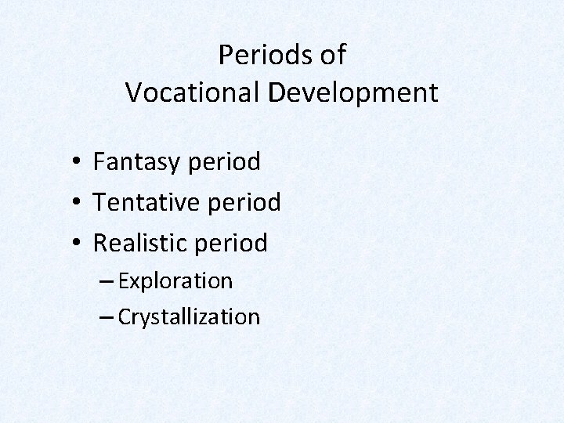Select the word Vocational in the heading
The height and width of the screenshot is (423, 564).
click(193, 93)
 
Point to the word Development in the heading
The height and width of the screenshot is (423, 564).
click(353, 93)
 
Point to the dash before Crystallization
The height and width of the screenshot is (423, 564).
click(108, 317)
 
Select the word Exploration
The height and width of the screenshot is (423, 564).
click(175, 280)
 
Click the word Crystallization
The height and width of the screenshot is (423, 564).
click(189, 317)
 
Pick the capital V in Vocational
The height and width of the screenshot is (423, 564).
click(134, 93)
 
